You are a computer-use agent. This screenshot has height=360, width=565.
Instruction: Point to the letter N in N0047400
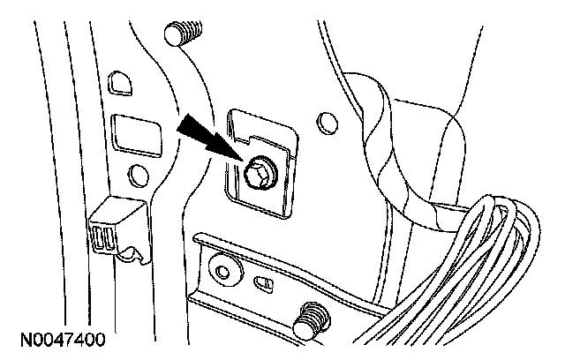tap(18, 339)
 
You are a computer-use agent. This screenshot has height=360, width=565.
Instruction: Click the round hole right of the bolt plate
tap(326, 122)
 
